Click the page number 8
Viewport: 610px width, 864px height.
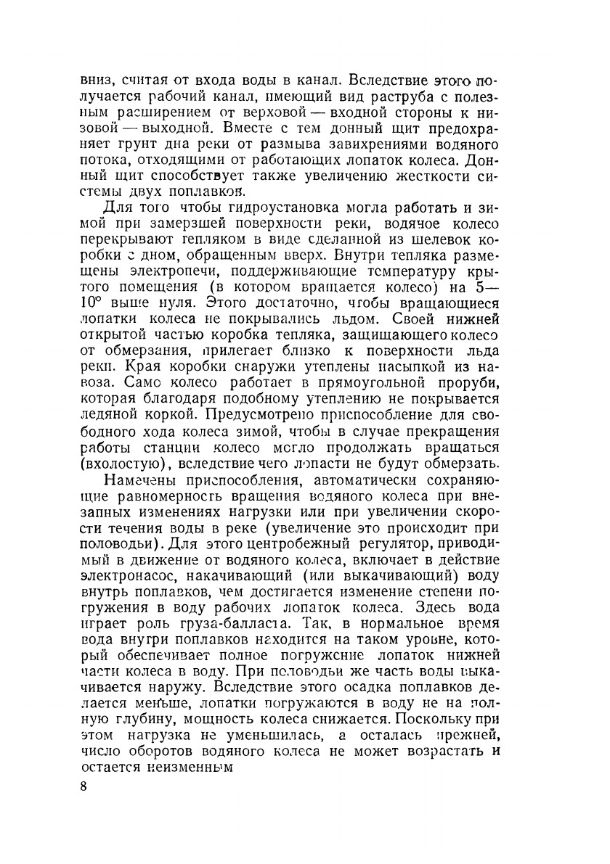[x=84, y=789]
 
